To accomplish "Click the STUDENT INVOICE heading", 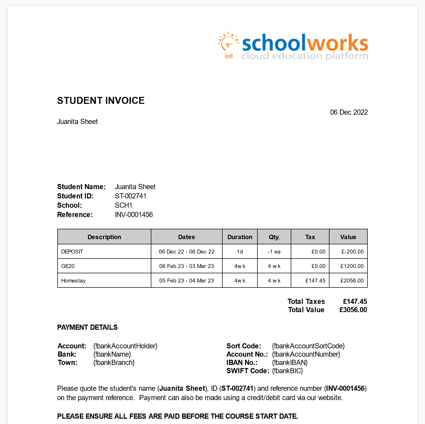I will (101, 101).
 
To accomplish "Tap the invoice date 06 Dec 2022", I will (349, 112).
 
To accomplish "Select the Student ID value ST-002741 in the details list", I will (130, 196).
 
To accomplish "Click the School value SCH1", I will (123, 205).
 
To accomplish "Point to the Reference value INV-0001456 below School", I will (134, 215).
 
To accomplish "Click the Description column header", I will (104, 237).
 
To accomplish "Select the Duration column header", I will (240, 237).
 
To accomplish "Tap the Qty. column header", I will (274, 237).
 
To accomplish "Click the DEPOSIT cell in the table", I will (72, 252).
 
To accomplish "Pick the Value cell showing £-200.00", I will (352, 252).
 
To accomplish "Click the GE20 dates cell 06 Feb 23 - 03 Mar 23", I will (186, 266).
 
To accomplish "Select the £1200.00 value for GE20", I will (352, 266).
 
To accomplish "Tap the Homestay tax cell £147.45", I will (315, 281).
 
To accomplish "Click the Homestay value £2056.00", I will (352, 281).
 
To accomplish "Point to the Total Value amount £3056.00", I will (353, 310).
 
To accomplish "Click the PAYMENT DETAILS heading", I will (87, 327).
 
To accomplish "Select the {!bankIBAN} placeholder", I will (290, 362).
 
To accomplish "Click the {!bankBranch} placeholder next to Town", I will (114, 362).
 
